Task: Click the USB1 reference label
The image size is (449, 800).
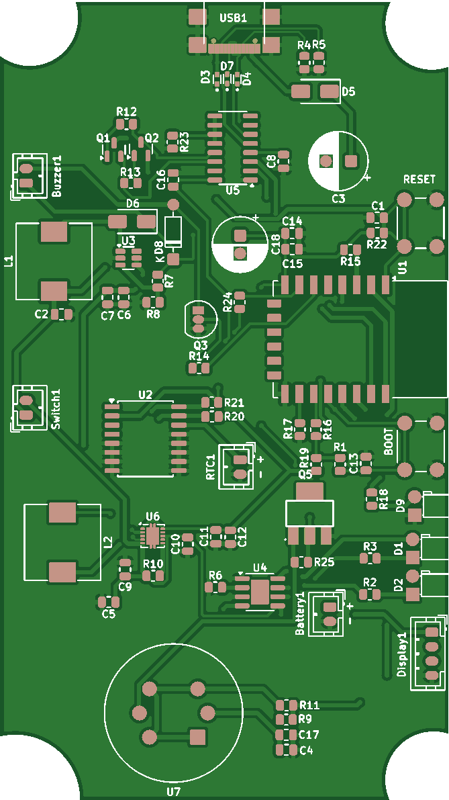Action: [233, 18]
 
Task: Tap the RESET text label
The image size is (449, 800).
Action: [419, 179]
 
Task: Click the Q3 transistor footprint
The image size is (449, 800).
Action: [199, 319]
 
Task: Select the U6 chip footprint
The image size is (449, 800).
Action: [152, 535]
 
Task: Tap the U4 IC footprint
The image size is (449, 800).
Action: [259, 591]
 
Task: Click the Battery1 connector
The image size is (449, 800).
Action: [329, 613]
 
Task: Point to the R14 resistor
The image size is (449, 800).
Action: [199, 368]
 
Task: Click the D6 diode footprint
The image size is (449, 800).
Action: [132, 221]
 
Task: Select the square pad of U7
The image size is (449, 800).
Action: [197, 737]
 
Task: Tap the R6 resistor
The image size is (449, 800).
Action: [215, 587]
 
